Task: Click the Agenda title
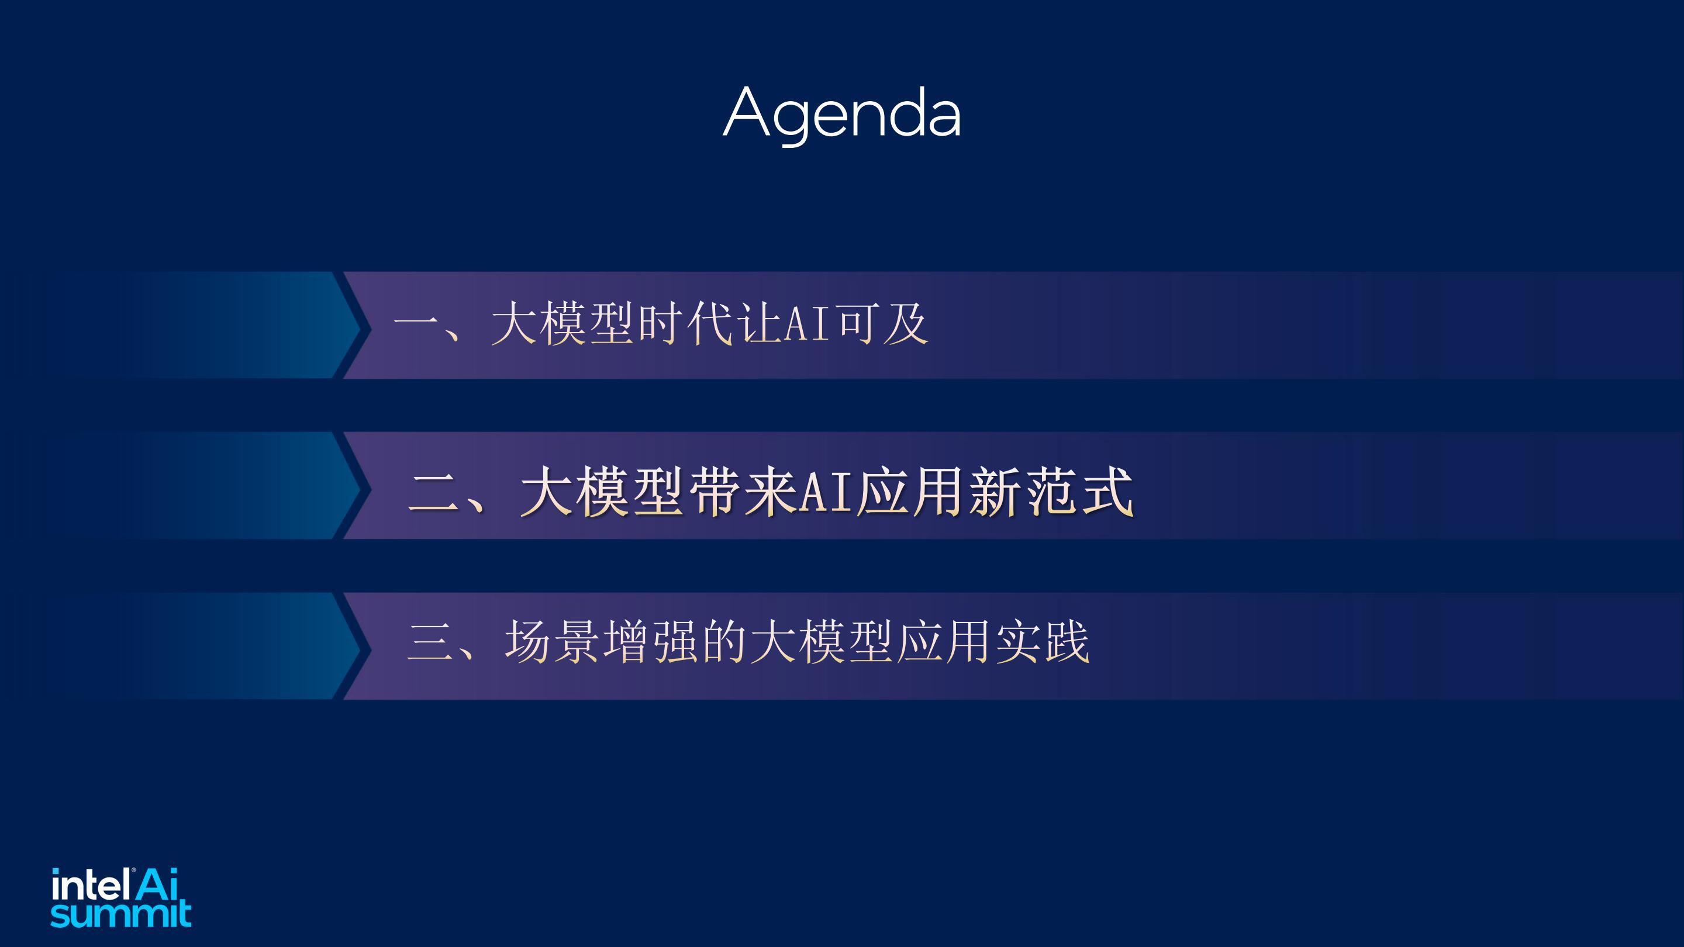tap(842, 114)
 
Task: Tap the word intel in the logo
tap(90, 886)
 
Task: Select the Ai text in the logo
tap(157, 884)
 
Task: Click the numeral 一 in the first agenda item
tap(416, 323)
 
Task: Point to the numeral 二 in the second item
tap(433, 493)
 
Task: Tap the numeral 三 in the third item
tap(430, 642)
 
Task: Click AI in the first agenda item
tap(808, 323)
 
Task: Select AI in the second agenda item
tap(826, 492)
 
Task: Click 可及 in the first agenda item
tap(882, 323)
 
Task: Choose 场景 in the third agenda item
tap(552, 642)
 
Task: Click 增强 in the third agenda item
tap(650, 642)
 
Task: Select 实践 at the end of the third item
tap(1042, 642)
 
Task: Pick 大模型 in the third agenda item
tap(821, 642)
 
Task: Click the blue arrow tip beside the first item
tap(360, 325)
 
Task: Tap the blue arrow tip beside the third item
tap(360, 647)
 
